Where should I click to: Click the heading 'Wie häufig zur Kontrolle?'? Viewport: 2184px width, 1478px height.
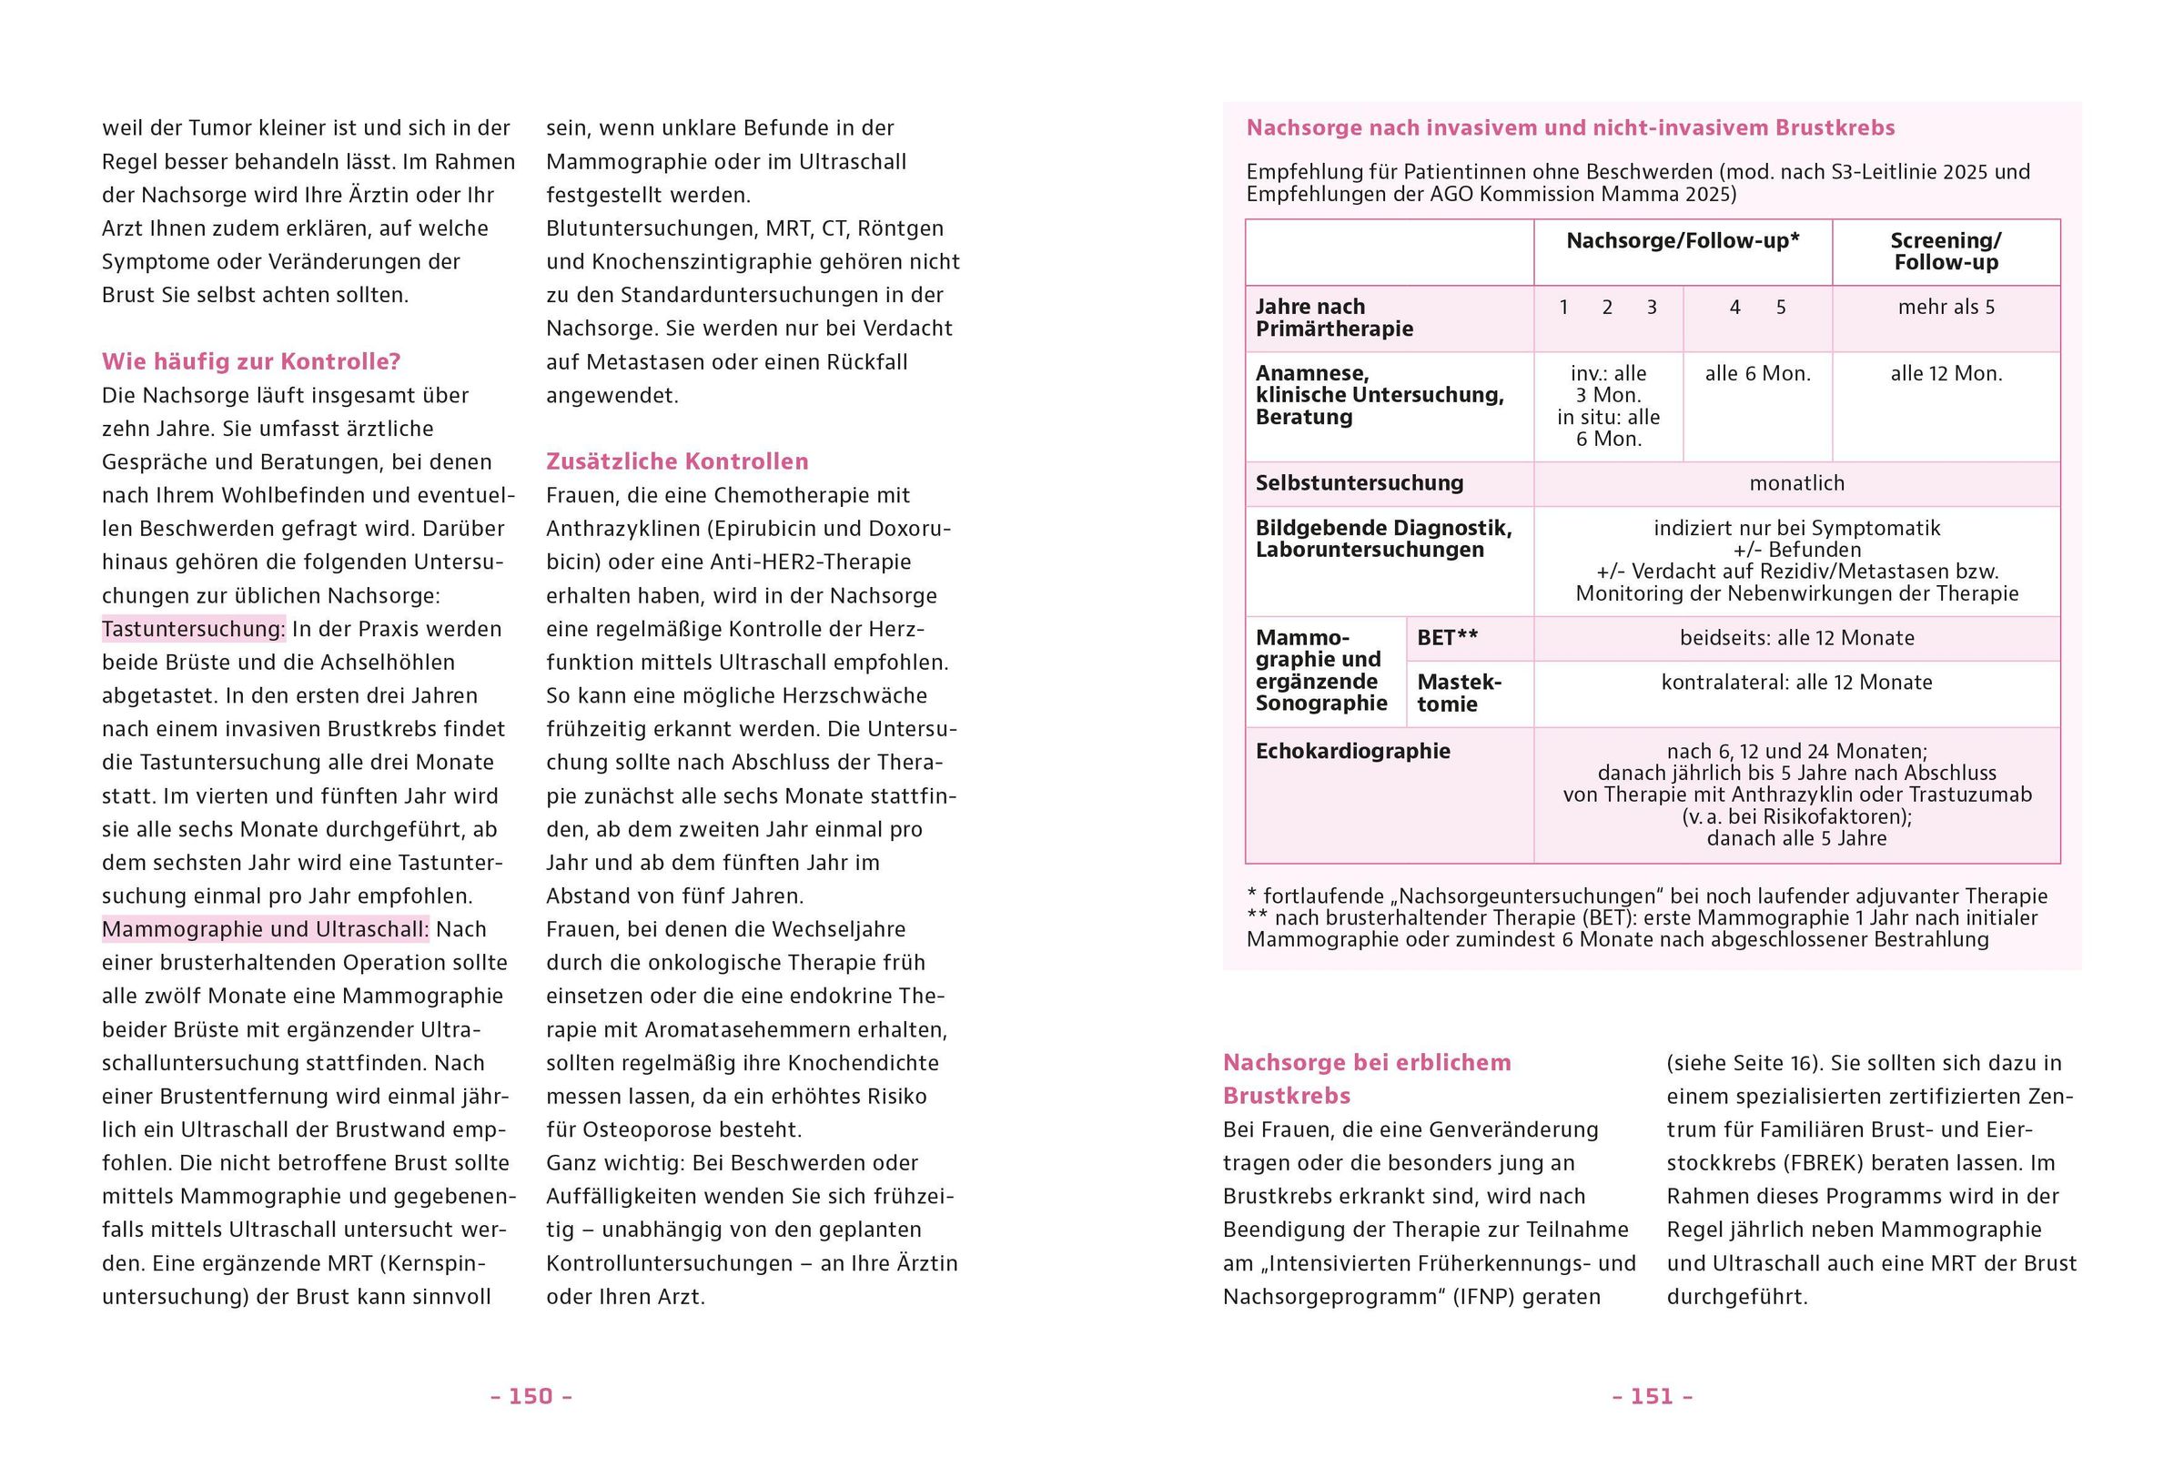click(x=251, y=361)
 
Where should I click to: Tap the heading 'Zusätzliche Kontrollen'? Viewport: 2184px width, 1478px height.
click(x=677, y=461)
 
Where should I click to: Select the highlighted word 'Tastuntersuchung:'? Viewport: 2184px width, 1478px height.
click(x=194, y=629)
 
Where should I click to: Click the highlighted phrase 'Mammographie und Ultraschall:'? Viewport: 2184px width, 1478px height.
click(x=265, y=929)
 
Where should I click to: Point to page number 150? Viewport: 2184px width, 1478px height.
click(x=531, y=1396)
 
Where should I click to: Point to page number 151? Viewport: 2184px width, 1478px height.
click(x=1652, y=1396)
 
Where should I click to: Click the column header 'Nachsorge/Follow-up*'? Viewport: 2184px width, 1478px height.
click(x=1683, y=241)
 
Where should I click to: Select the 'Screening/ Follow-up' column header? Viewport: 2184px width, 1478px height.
click(x=1946, y=252)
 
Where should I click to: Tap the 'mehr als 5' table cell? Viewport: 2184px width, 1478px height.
click(x=1946, y=308)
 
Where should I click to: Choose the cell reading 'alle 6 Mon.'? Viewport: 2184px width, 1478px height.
click(x=1757, y=374)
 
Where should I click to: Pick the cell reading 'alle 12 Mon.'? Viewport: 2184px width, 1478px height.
click(x=1946, y=374)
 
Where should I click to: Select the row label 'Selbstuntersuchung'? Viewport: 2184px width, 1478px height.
click(x=1359, y=484)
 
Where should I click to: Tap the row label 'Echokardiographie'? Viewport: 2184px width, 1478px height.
click(x=1352, y=751)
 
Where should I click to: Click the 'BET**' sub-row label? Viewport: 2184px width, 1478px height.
click(x=1447, y=638)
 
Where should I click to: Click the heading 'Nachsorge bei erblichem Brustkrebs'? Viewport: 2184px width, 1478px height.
click(x=1367, y=1078)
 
